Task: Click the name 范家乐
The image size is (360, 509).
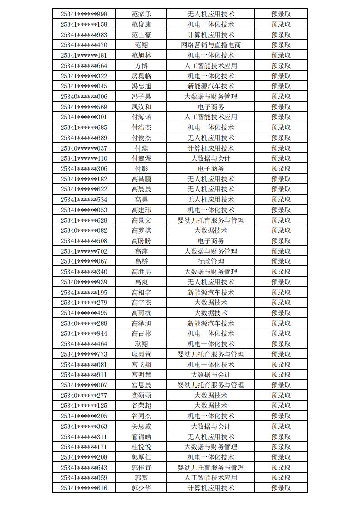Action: (x=141, y=14)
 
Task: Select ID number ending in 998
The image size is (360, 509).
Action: (x=84, y=14)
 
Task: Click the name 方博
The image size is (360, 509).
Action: (x=141, y=66)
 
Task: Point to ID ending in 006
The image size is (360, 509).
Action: (x=84, y=97)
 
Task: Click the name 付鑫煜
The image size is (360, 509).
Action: (x=141, y=158)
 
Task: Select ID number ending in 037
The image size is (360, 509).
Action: (x=84, y=148)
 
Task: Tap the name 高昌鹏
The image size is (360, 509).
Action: (x=141, y=179)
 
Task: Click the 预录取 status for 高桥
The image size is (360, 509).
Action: (x=281, y=261)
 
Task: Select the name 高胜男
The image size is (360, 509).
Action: (x=141, y=272)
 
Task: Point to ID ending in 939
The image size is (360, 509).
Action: (x=84, y=282)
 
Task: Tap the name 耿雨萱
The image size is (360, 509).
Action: (x=141, y=354)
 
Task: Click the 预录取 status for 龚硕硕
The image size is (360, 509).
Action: (x=281, y=396)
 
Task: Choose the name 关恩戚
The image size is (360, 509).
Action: (x=141, y=426)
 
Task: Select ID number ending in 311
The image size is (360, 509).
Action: (x=84, y=437)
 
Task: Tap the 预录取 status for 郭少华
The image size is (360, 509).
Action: (x=281, y=488)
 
